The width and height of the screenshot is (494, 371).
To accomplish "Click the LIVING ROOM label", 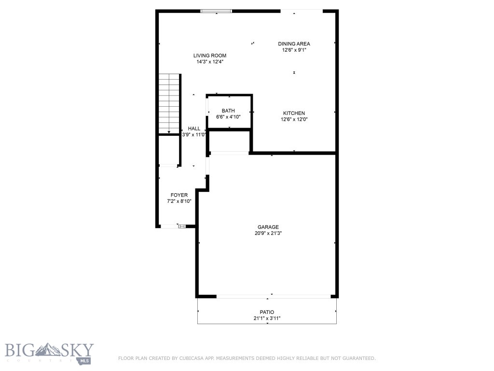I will point(210,56).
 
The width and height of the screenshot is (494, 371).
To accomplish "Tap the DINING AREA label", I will point(294,44).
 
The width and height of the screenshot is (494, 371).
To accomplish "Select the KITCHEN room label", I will point(294,114).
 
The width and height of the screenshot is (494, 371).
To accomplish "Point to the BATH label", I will point(228,111).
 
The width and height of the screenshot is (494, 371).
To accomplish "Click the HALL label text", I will point(194,128).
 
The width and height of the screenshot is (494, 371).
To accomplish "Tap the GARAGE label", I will point(268,227).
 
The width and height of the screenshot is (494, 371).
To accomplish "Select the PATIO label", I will point(267,313).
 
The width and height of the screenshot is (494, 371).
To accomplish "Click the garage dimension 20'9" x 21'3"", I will point(268,233).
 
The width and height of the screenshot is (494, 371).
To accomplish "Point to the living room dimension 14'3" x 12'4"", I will point(210,62).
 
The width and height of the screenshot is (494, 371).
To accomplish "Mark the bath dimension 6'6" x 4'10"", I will point(228,117).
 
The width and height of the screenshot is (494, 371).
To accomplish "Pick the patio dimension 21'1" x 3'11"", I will point(267,318).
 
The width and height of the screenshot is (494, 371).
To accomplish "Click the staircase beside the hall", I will point(169,104).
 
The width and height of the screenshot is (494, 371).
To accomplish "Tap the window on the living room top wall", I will point(216,11).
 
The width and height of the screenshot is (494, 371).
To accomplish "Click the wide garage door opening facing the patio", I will point(273,296).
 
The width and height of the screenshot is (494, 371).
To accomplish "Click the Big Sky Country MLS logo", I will point(49,353).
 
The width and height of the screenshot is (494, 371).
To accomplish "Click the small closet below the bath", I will point(229,142).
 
